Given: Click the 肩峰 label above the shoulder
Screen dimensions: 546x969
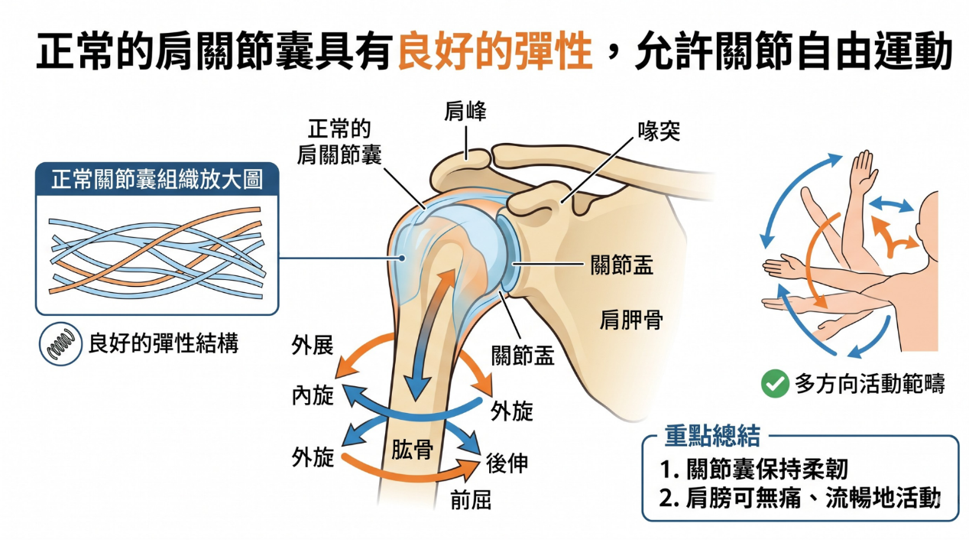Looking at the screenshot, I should click(x=465, y=113).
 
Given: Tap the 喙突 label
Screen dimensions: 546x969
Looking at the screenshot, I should click(x=659, y=133).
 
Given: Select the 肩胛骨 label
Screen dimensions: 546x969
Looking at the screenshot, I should click(x=630, y=320).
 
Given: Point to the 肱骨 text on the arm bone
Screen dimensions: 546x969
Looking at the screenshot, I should click(x=413, y=449).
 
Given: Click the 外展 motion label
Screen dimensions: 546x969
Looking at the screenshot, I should click(x=313, y=346).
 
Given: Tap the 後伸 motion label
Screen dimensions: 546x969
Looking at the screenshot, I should click(x=507, y=463).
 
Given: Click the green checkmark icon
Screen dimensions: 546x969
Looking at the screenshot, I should click(x=775, y=384).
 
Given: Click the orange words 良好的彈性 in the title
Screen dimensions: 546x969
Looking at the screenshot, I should click(x=495, y=52).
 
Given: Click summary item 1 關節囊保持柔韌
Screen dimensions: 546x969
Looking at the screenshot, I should click(x=756, y=468).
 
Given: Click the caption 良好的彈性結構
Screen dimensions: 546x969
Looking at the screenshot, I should click(x=164, y=343).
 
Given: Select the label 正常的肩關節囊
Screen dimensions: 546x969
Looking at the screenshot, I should click(x=339, y=141).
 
